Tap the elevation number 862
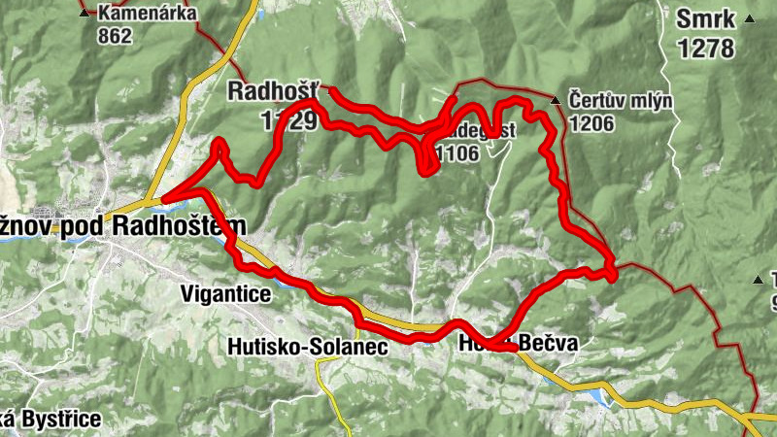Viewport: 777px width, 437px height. (x=114, y=35)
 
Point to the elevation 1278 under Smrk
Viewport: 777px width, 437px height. (x=706, y=48)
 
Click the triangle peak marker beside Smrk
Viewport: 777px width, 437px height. (x=749, y=19)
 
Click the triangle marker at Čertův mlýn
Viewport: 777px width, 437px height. (x=556, y=101)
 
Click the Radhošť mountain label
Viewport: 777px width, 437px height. (x=269, y=91)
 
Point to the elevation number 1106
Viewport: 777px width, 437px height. (x=458, y=153)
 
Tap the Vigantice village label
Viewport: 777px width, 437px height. (x=225, y=292)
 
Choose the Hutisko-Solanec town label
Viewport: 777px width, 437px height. (x=308, y=346)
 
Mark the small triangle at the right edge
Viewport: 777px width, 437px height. (x=759, y=281)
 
